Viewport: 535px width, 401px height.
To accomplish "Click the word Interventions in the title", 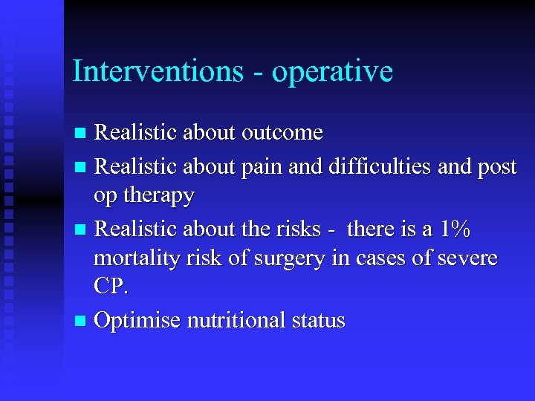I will [157, 71].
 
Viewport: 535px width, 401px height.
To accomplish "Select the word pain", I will [259, 166].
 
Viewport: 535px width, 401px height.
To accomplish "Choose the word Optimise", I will [137, 321].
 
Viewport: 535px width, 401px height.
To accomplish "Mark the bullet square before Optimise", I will [80, 322].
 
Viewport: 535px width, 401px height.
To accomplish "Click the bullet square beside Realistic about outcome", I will [80, 134].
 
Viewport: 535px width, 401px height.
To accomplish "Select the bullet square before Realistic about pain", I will [80, 167].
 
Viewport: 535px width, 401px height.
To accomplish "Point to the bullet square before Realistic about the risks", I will [80, 230].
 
